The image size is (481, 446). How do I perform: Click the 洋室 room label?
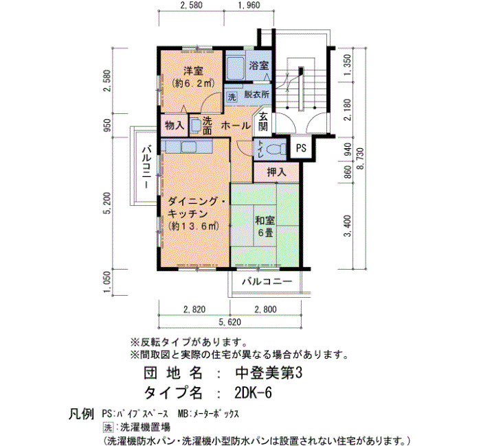(193, 71)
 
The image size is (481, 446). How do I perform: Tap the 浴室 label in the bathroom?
(258, 66)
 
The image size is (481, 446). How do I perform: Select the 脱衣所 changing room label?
(256, 95)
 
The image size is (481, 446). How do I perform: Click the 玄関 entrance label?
(263, 121)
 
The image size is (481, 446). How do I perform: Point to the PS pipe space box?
(301, 148)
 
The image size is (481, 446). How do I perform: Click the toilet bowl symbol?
(274, 150)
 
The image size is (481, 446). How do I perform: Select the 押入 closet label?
(276, 172)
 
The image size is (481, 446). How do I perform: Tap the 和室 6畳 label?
(265, 226)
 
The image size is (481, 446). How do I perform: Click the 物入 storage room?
(175, 126)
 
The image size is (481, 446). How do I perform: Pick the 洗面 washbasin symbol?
(195, 126)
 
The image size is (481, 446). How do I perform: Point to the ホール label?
(236, 126)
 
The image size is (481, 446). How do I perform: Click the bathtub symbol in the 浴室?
(235, 69)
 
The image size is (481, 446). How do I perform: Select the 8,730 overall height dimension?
(360, 159)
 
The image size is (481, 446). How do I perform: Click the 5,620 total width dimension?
(230, 322)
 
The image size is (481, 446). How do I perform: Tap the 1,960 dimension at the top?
(249, 5)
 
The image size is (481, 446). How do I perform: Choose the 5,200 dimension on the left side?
(107, 203)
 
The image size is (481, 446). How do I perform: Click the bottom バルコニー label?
(267, 281)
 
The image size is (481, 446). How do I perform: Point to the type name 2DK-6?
(253, 392)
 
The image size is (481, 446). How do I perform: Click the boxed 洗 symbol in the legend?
(108, 427)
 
